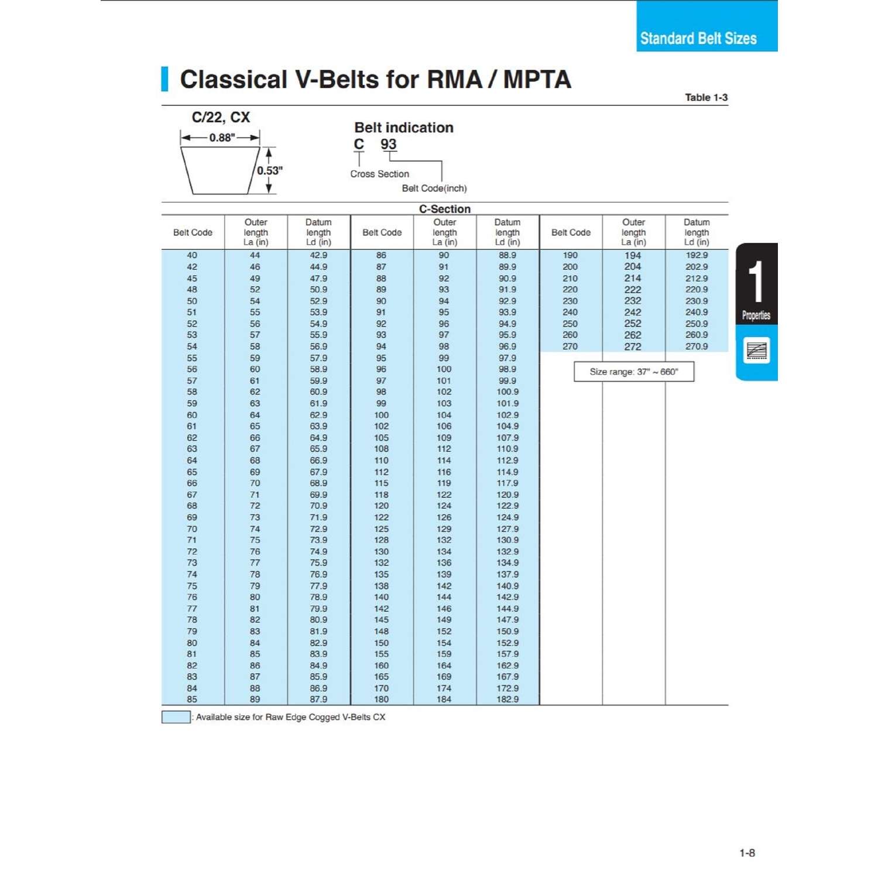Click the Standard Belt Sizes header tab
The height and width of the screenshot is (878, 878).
[x=698, y=39]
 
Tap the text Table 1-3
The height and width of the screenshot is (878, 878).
[x=706, y=97]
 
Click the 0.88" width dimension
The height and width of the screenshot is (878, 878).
[x=222, y=138]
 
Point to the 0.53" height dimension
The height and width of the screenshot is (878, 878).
[x=270, y=170]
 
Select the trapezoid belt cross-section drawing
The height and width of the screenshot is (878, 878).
[x=220, y=170]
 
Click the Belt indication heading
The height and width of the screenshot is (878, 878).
[x=404, y=128]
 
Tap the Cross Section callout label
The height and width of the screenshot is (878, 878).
[x=379, y=174]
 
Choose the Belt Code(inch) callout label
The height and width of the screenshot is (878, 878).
[x=434, y=188]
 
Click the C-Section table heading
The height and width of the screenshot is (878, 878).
[x=444, y=209]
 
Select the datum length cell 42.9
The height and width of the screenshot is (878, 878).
[x=318, y=255]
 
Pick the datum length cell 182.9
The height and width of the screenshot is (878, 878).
[x=507, y=699]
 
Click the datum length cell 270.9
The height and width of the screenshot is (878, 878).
[x=697, y=347]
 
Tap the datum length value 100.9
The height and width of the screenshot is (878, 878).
[x=507, y=392]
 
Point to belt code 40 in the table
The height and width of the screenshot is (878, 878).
[x=192, y=255]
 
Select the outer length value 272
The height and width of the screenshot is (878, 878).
[x=633, y=347]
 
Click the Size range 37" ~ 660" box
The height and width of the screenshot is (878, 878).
[x=634, y=372]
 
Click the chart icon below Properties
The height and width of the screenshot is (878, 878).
[x=756, y=351]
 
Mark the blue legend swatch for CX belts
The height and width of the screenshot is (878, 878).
[x=176, y=717]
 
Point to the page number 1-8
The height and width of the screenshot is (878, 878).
[x=747, y=853]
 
